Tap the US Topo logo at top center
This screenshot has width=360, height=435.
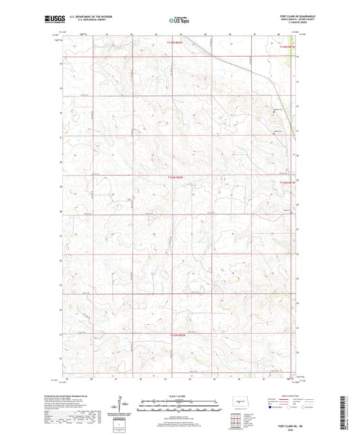point(179,20)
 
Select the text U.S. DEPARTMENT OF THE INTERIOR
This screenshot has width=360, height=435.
point(99,16)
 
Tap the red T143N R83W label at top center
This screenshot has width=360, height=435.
point(176,42)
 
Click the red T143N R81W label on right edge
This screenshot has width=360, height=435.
point(287,182)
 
